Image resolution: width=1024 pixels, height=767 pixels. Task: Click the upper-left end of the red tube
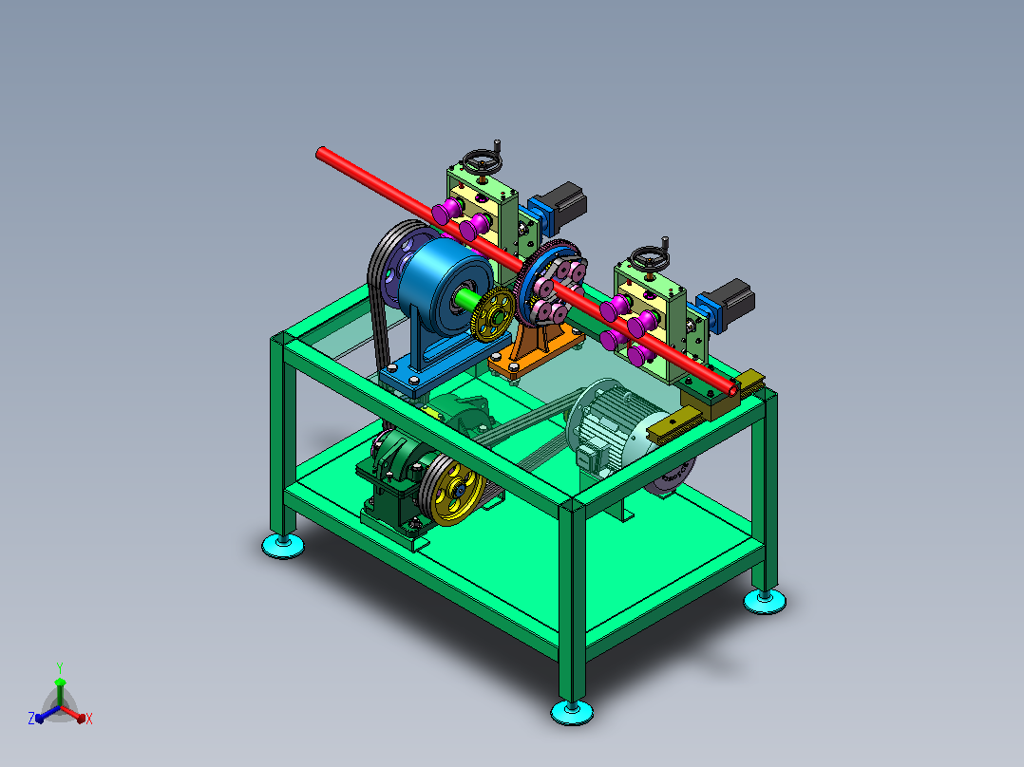(321, 154)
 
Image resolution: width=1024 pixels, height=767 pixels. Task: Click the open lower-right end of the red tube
(733, 390)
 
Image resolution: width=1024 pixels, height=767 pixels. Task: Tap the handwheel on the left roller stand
(482, 162)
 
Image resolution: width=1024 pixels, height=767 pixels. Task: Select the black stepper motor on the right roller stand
(732, 299)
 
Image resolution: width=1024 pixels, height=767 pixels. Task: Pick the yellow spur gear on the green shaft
(492, 314)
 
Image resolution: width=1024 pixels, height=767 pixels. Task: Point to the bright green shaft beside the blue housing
(469, 301)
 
